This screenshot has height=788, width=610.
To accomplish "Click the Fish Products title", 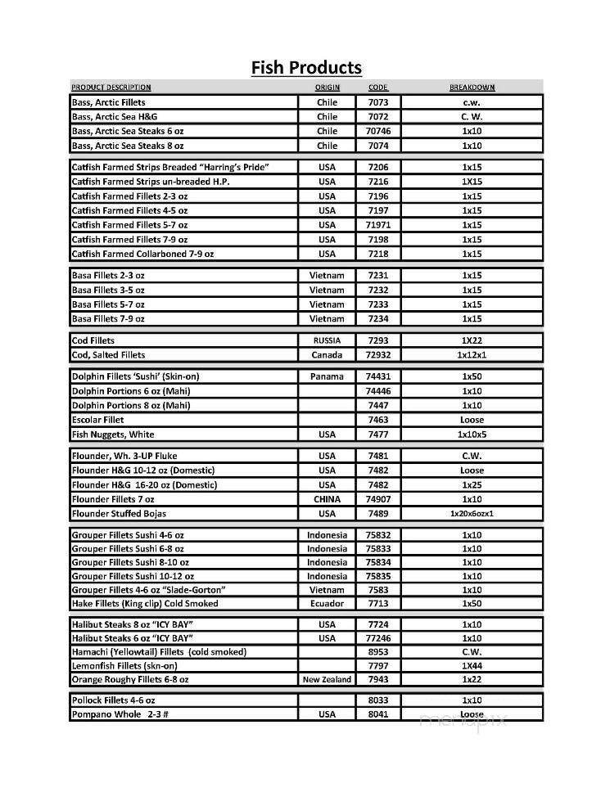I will (x=305, y=67).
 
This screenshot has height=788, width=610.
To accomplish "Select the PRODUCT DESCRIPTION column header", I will (x=111, y=88).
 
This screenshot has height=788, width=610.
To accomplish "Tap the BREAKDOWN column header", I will (x=472, y=88).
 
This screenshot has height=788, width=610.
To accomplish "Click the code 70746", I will (x=378, y=131).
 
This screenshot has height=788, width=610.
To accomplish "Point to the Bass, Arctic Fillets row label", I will (x=108, y=102).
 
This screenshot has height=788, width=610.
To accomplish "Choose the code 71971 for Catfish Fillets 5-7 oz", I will (x=378, y=225).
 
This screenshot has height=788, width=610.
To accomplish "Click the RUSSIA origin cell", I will (x=327, y=340).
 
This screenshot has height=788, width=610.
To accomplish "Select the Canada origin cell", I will (x=327, y=355).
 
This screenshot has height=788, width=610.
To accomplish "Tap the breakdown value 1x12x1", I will (x=472, y=355).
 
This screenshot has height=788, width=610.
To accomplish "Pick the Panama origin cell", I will (x=327, y=376).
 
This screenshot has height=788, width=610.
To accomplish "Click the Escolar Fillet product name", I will (x=98, y=420).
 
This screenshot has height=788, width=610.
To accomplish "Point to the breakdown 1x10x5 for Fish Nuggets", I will (x=472, y=435).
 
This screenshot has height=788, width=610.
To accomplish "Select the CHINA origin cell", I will (x=327, y=499).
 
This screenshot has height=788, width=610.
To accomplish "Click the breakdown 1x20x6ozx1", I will (x=472, y=514).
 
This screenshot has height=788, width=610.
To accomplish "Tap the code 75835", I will (x=378, y=576).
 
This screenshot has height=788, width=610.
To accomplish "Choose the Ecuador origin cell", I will (x=327, y=603).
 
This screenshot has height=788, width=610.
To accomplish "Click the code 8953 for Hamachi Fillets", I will (x=378, y=652).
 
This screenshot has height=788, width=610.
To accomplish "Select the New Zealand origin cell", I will (x=327, y=679).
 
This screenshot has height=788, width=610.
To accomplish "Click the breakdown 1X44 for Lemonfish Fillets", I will (x=472, y=666).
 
